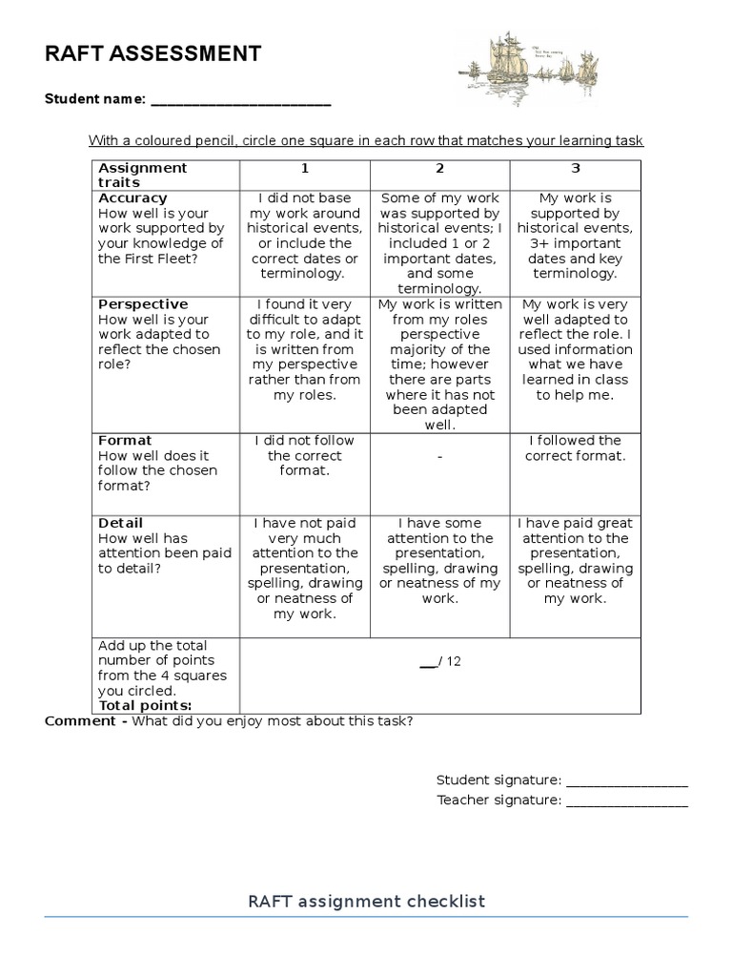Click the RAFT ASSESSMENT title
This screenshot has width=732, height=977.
tap(152, 54)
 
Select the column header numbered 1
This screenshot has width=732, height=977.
tap(305, 168)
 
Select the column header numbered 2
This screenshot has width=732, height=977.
tap(439, 168)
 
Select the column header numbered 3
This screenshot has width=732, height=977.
tap(575, 168)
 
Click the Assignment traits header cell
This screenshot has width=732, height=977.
tap(143, 175)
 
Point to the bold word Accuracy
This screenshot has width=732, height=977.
tap(132, 198)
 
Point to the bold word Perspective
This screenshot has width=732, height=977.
tap(143, 304)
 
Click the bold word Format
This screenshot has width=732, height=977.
tap(125, 441)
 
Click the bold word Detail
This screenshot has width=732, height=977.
tap(121, 523)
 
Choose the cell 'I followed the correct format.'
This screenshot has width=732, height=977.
tap(575, 448)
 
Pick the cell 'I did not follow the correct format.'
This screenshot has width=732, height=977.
tap(305, 456)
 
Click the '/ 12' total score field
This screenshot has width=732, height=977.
tap(440, 662)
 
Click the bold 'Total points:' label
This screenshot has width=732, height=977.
tap(145, 706)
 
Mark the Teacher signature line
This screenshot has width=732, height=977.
tap(626, 801)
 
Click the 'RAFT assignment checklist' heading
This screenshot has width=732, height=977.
tap(366, 902)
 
